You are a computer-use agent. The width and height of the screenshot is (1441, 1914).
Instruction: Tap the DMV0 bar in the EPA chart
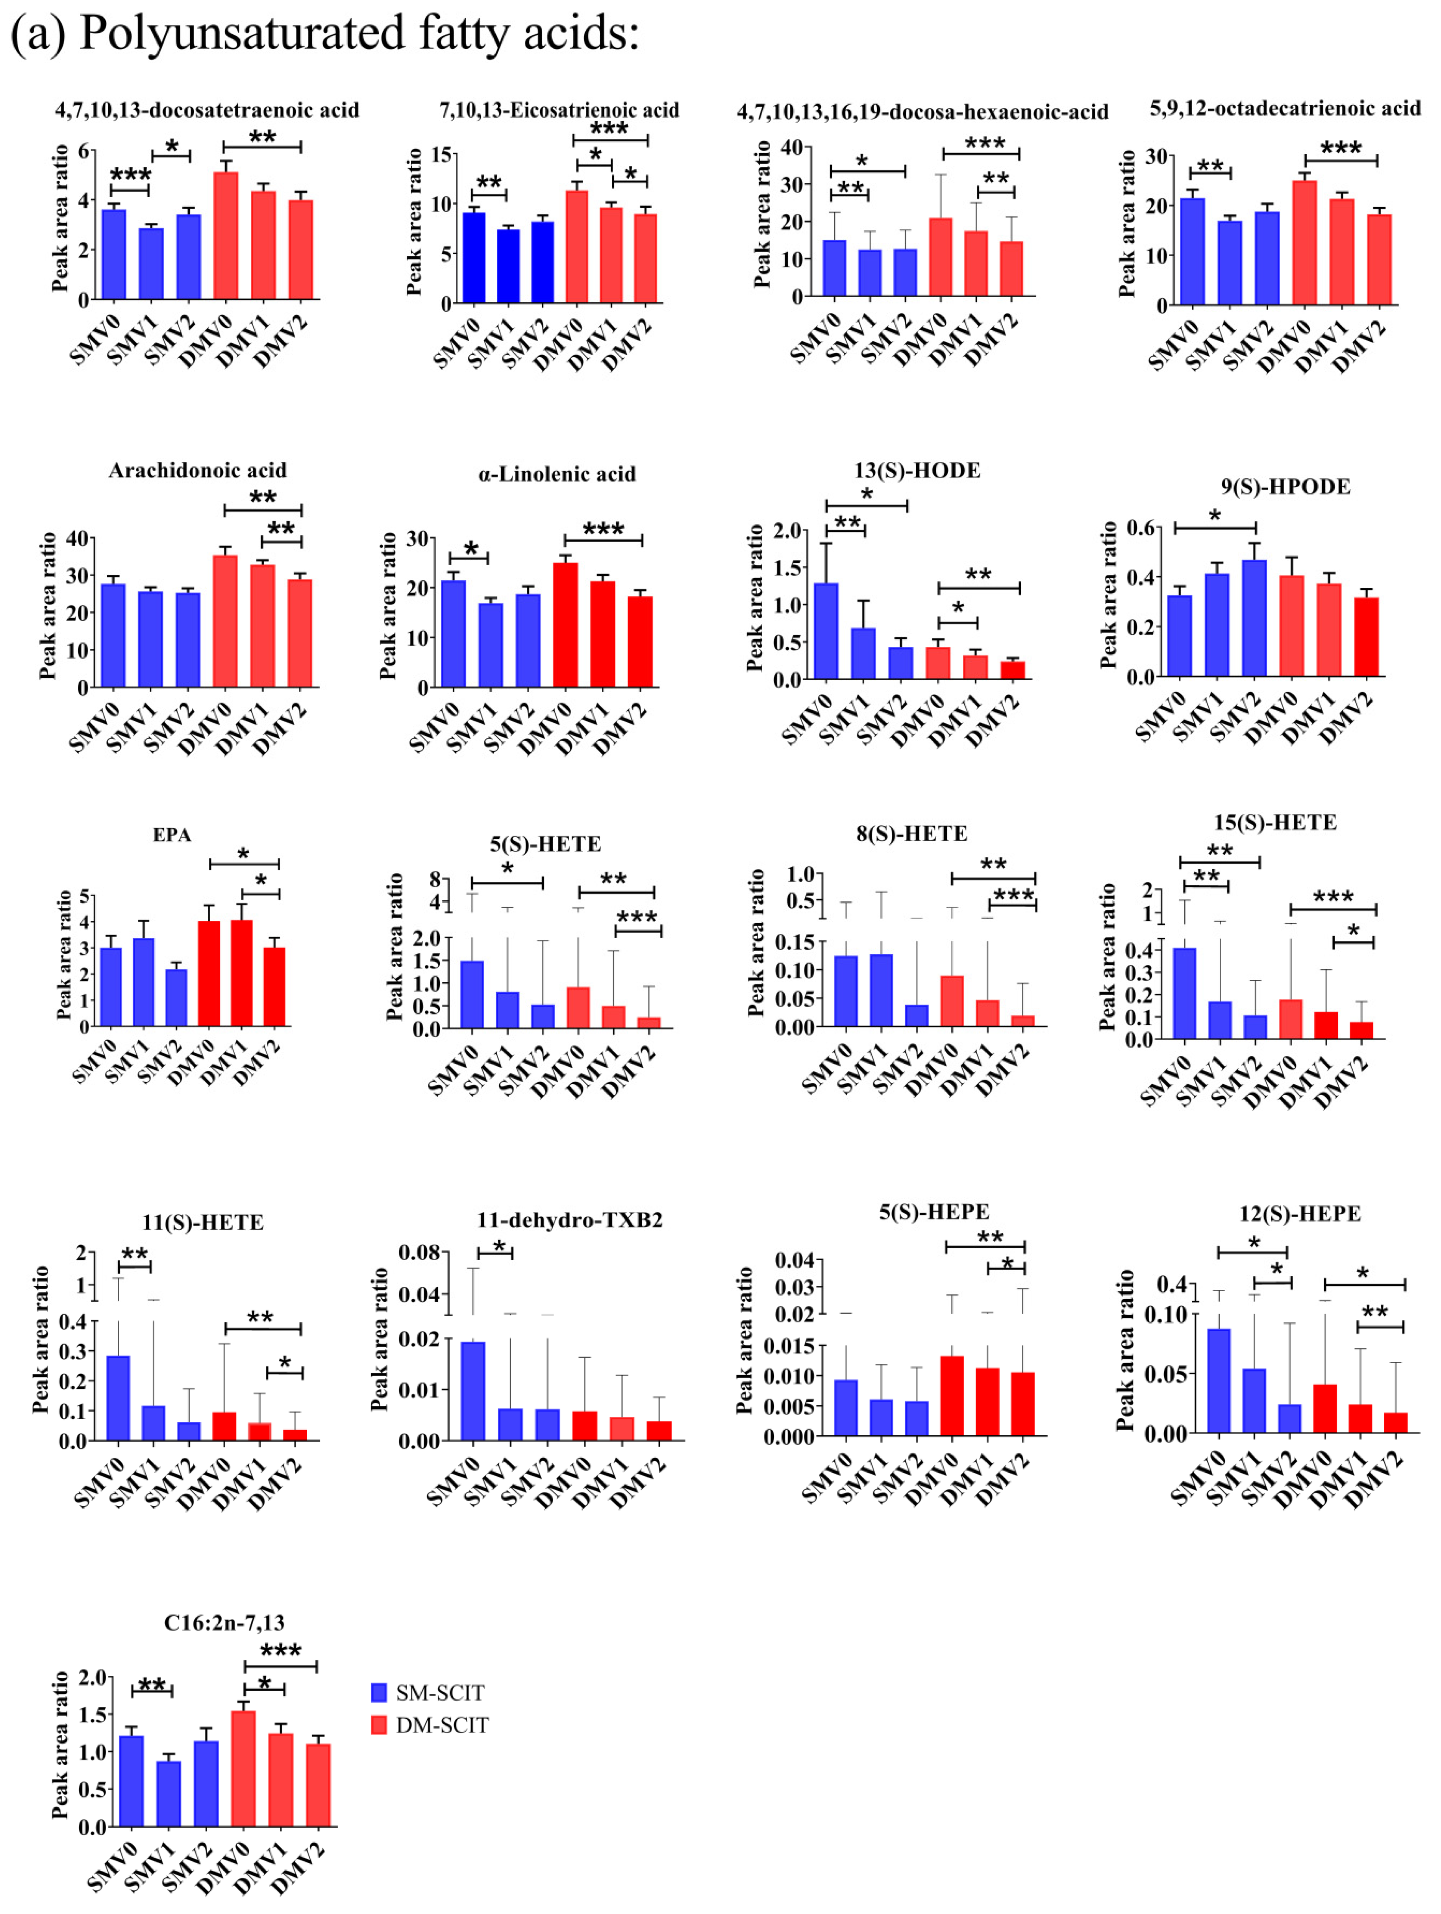(209, 974)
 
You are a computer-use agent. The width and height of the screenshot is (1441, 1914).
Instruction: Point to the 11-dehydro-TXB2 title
(569, 1220)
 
